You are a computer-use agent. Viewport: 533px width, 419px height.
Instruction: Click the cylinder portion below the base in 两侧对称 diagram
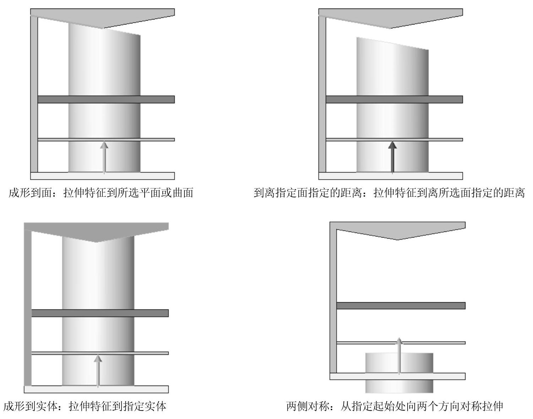tap(399, 386)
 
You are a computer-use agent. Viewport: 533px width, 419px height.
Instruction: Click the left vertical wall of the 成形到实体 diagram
tap(28, 305)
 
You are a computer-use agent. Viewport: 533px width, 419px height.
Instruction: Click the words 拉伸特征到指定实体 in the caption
tap(117, 406)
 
